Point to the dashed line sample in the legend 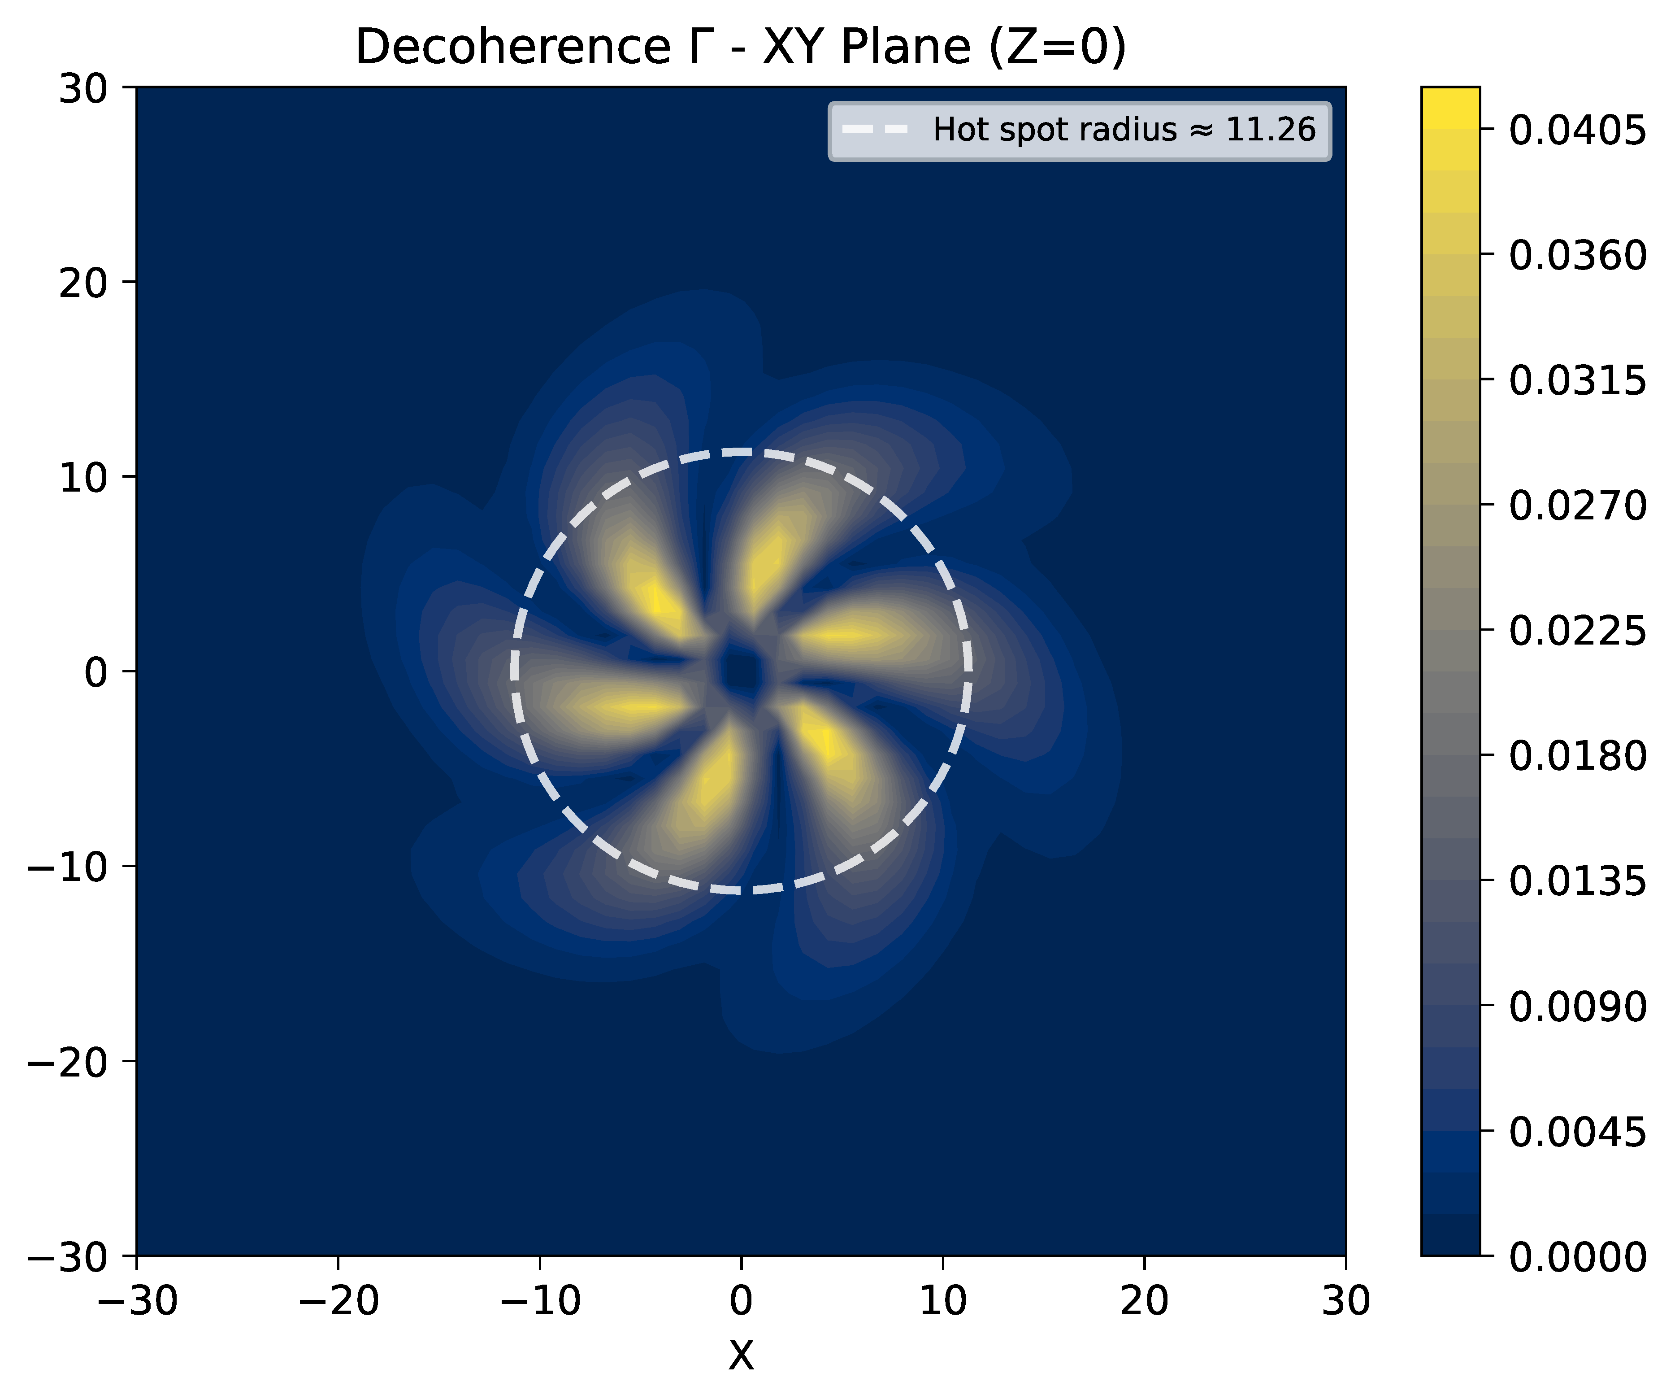click(x=875, y=129)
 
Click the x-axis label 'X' click(x=741, y=1355)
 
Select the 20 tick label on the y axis click(x=83, y=283)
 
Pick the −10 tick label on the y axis click(x=69, y=867)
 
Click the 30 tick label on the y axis click(x=83, y=88)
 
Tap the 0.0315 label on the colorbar click(x=1577, y=381)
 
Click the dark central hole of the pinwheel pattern click(x=741, y=669)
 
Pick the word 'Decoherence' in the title click(x=513, y=47)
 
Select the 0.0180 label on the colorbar click(x=1577, y=756)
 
